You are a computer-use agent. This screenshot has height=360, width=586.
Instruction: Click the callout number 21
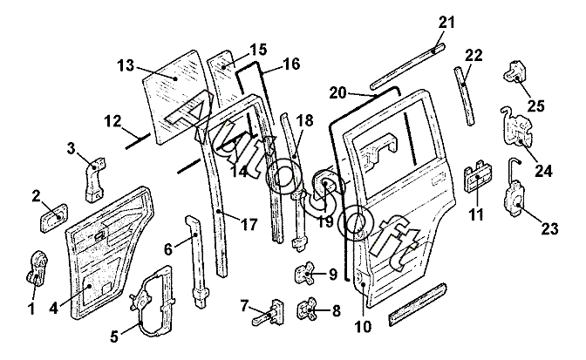point(446,22)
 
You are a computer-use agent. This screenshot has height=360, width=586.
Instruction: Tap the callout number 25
point(535,105)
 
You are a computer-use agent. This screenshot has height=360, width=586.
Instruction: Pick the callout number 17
point(249,224)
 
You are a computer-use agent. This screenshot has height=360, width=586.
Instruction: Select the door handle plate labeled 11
point(474,180)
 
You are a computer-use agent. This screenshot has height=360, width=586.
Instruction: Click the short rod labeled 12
point(136,138)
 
